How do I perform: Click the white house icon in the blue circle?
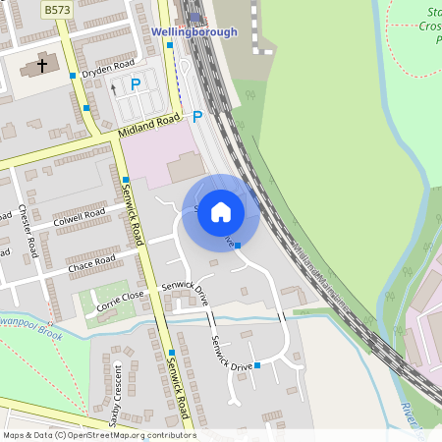[221, 212]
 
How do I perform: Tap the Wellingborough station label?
[194, 31]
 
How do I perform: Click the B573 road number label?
[57, 8]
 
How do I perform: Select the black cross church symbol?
[42, 66]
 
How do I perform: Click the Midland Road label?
[149, 126]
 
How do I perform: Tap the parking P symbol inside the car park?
[136, 84]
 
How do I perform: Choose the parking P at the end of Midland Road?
[196, 116]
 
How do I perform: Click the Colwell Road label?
[80, 219]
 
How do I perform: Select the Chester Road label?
[28, 232]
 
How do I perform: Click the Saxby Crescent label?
[116, 396]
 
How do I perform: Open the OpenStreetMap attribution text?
[99, 435]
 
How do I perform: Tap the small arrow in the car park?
[113, 87]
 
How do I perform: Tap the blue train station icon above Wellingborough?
[194, 17]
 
